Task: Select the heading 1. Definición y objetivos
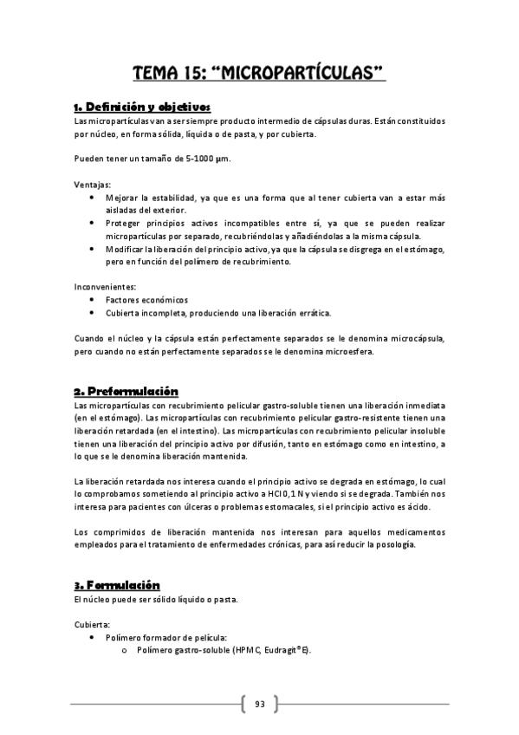click(142, 107)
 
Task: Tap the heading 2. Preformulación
click(127, 391)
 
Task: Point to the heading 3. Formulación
click(118, 585)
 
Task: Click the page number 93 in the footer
click(260, 704)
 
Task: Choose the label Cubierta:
click(92, 624)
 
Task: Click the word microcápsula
click(419, 338)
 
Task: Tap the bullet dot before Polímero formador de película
click(93, 637)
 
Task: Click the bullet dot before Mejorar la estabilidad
click(93, 198)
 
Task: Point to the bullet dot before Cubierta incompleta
click(93, 312)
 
